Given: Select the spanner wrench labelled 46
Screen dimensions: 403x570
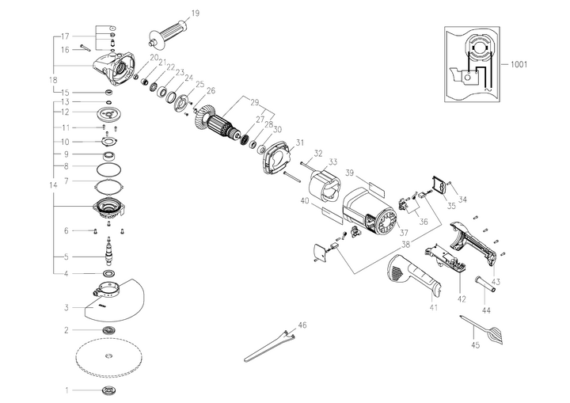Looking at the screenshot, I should tap(269, 345).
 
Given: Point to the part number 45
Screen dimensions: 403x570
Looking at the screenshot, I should tap(476, 346).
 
